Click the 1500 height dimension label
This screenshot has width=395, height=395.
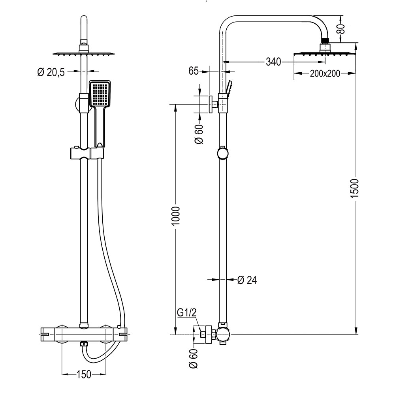click(355, 189)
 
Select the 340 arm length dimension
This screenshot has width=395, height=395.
click(273, 62)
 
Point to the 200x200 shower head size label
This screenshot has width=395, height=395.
click(325, 73)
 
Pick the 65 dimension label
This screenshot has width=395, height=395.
click(193, 71)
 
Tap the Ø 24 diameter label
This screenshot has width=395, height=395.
click(247, 280)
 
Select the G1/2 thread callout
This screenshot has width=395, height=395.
click(186, 313)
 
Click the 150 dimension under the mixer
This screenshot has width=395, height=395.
click(84, 374)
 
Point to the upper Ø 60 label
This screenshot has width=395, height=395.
click(199, 134)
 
